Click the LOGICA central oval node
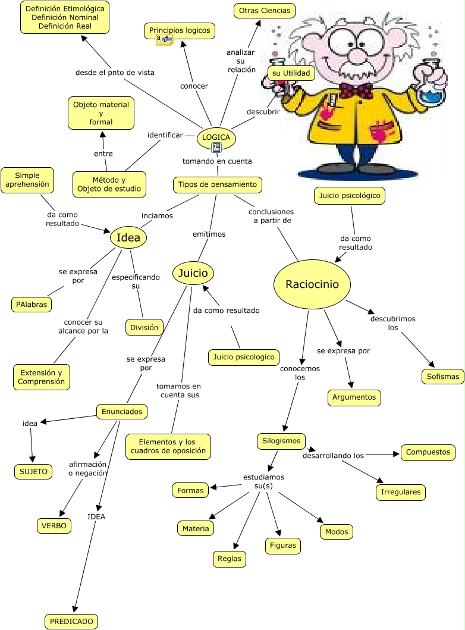216,137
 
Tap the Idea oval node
128,238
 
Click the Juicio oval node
193,274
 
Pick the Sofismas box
443,376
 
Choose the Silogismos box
282,441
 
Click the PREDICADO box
71,621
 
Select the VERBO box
54,525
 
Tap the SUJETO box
33,472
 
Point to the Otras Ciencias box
264,11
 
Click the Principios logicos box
180,30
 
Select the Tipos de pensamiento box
218,184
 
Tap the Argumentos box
354,397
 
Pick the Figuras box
282,545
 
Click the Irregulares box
401,492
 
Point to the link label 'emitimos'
209,234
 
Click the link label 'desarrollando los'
333,456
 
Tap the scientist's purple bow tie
356,90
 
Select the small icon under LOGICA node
217,147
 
